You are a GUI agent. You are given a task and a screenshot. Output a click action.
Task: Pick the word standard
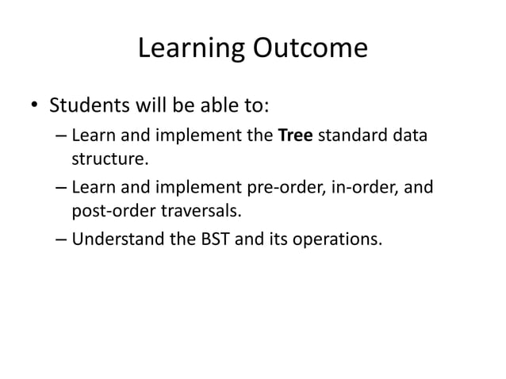pyautogui.click(x=358, y=136)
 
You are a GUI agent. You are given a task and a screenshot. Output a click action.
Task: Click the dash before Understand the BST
pyautogui.click(x=61, y=241)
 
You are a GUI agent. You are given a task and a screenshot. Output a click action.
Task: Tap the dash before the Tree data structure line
pyautogui.click(x=61, y=136)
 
